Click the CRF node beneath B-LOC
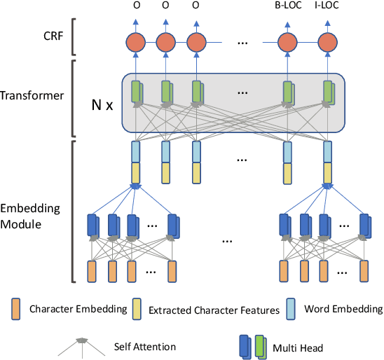click(x=287, y=43)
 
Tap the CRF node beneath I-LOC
click(x=327, y=43)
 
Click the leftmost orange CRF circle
click(x=136, y=43)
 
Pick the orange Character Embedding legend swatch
click(x=15, y=308)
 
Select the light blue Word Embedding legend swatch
click(x=291, y=308)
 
